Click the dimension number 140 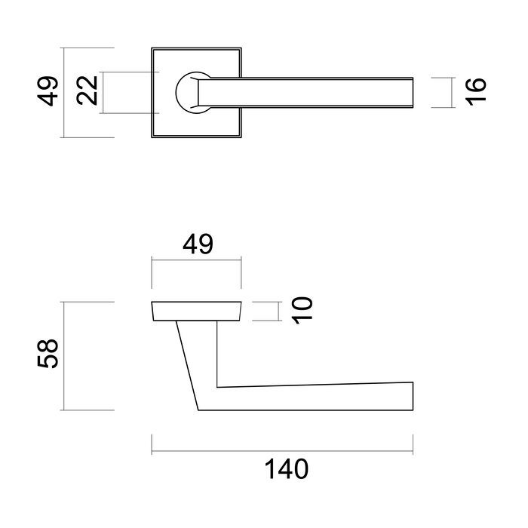click(x=286, y=470)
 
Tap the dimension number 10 click(x=301, y=310)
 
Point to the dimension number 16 click(x=476, y=92)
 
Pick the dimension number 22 click(x=87, y=92)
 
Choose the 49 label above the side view click(x=197, y=244)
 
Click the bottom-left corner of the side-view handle click(x=198, y=410)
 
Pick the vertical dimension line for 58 click(x=65, y=355)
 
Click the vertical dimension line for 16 click(x=451, y=92)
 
